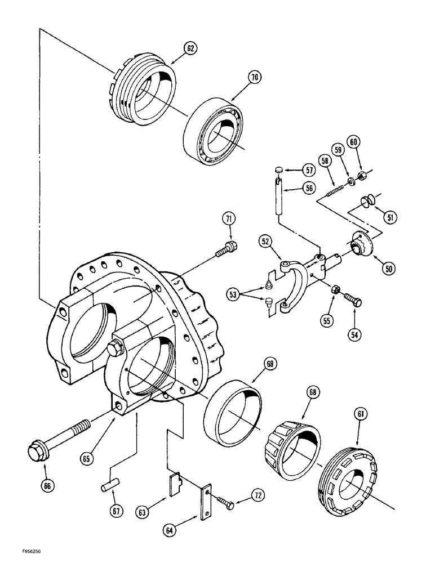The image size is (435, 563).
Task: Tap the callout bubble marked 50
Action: point(387,269)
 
